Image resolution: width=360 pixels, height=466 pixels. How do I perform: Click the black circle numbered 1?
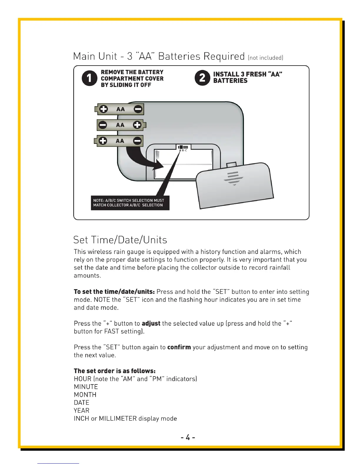point(89,78)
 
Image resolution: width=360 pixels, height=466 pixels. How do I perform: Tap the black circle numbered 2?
point(202,78)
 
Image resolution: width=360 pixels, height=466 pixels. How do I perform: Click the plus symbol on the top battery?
point(103,109)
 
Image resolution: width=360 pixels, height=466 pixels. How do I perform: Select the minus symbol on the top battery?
point(138,109)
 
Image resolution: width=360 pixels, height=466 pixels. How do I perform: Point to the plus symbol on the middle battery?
point(137,125)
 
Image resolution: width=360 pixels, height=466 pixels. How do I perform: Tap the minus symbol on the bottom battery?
point(137,141)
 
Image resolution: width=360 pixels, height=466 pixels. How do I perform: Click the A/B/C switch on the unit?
point(183,147)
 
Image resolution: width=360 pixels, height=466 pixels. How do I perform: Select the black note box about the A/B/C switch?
point(130,203)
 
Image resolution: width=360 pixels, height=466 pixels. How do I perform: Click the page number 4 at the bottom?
point(188,437)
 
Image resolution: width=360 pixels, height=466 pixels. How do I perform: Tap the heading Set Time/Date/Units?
point(120,240)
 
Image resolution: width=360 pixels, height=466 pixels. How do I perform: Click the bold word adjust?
point(151,324)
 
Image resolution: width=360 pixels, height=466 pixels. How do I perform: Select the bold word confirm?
point(179,347)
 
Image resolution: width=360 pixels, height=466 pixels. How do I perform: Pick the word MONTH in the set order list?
point(85,395)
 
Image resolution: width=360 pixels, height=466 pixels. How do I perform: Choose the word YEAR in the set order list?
point(81,411)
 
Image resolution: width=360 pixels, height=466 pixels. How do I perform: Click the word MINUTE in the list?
point(86,387)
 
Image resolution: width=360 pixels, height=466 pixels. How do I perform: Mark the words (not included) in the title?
point(266,58)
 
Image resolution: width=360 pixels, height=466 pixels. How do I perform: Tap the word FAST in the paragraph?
point(111,332)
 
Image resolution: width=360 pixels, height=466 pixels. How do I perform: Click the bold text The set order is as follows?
point(115,371)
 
